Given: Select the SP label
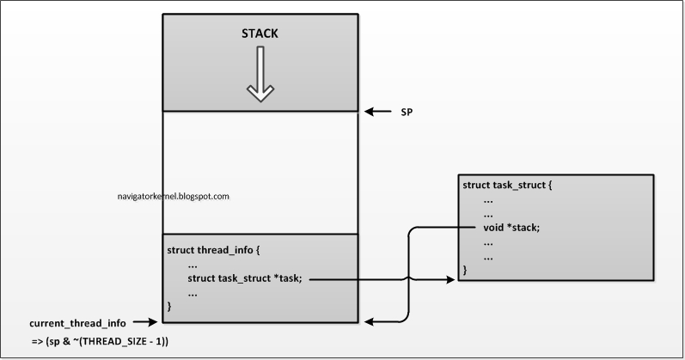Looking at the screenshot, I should pos(407,112).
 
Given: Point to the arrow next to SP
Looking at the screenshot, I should pos(376,112).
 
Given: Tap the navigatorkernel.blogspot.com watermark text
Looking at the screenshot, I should pos(172,197).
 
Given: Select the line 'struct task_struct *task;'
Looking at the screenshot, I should pos(245,278).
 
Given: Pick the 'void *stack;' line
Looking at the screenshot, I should pos(512,228).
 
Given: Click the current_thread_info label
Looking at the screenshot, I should pos(77,322).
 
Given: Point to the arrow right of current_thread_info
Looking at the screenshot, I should pos(145,322).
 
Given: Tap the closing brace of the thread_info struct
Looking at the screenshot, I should pos(169,306).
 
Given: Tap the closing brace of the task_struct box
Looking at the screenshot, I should pos(466,270).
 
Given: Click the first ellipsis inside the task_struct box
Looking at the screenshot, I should pos(488,198).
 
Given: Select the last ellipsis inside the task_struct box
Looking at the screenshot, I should pos(488,256).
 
